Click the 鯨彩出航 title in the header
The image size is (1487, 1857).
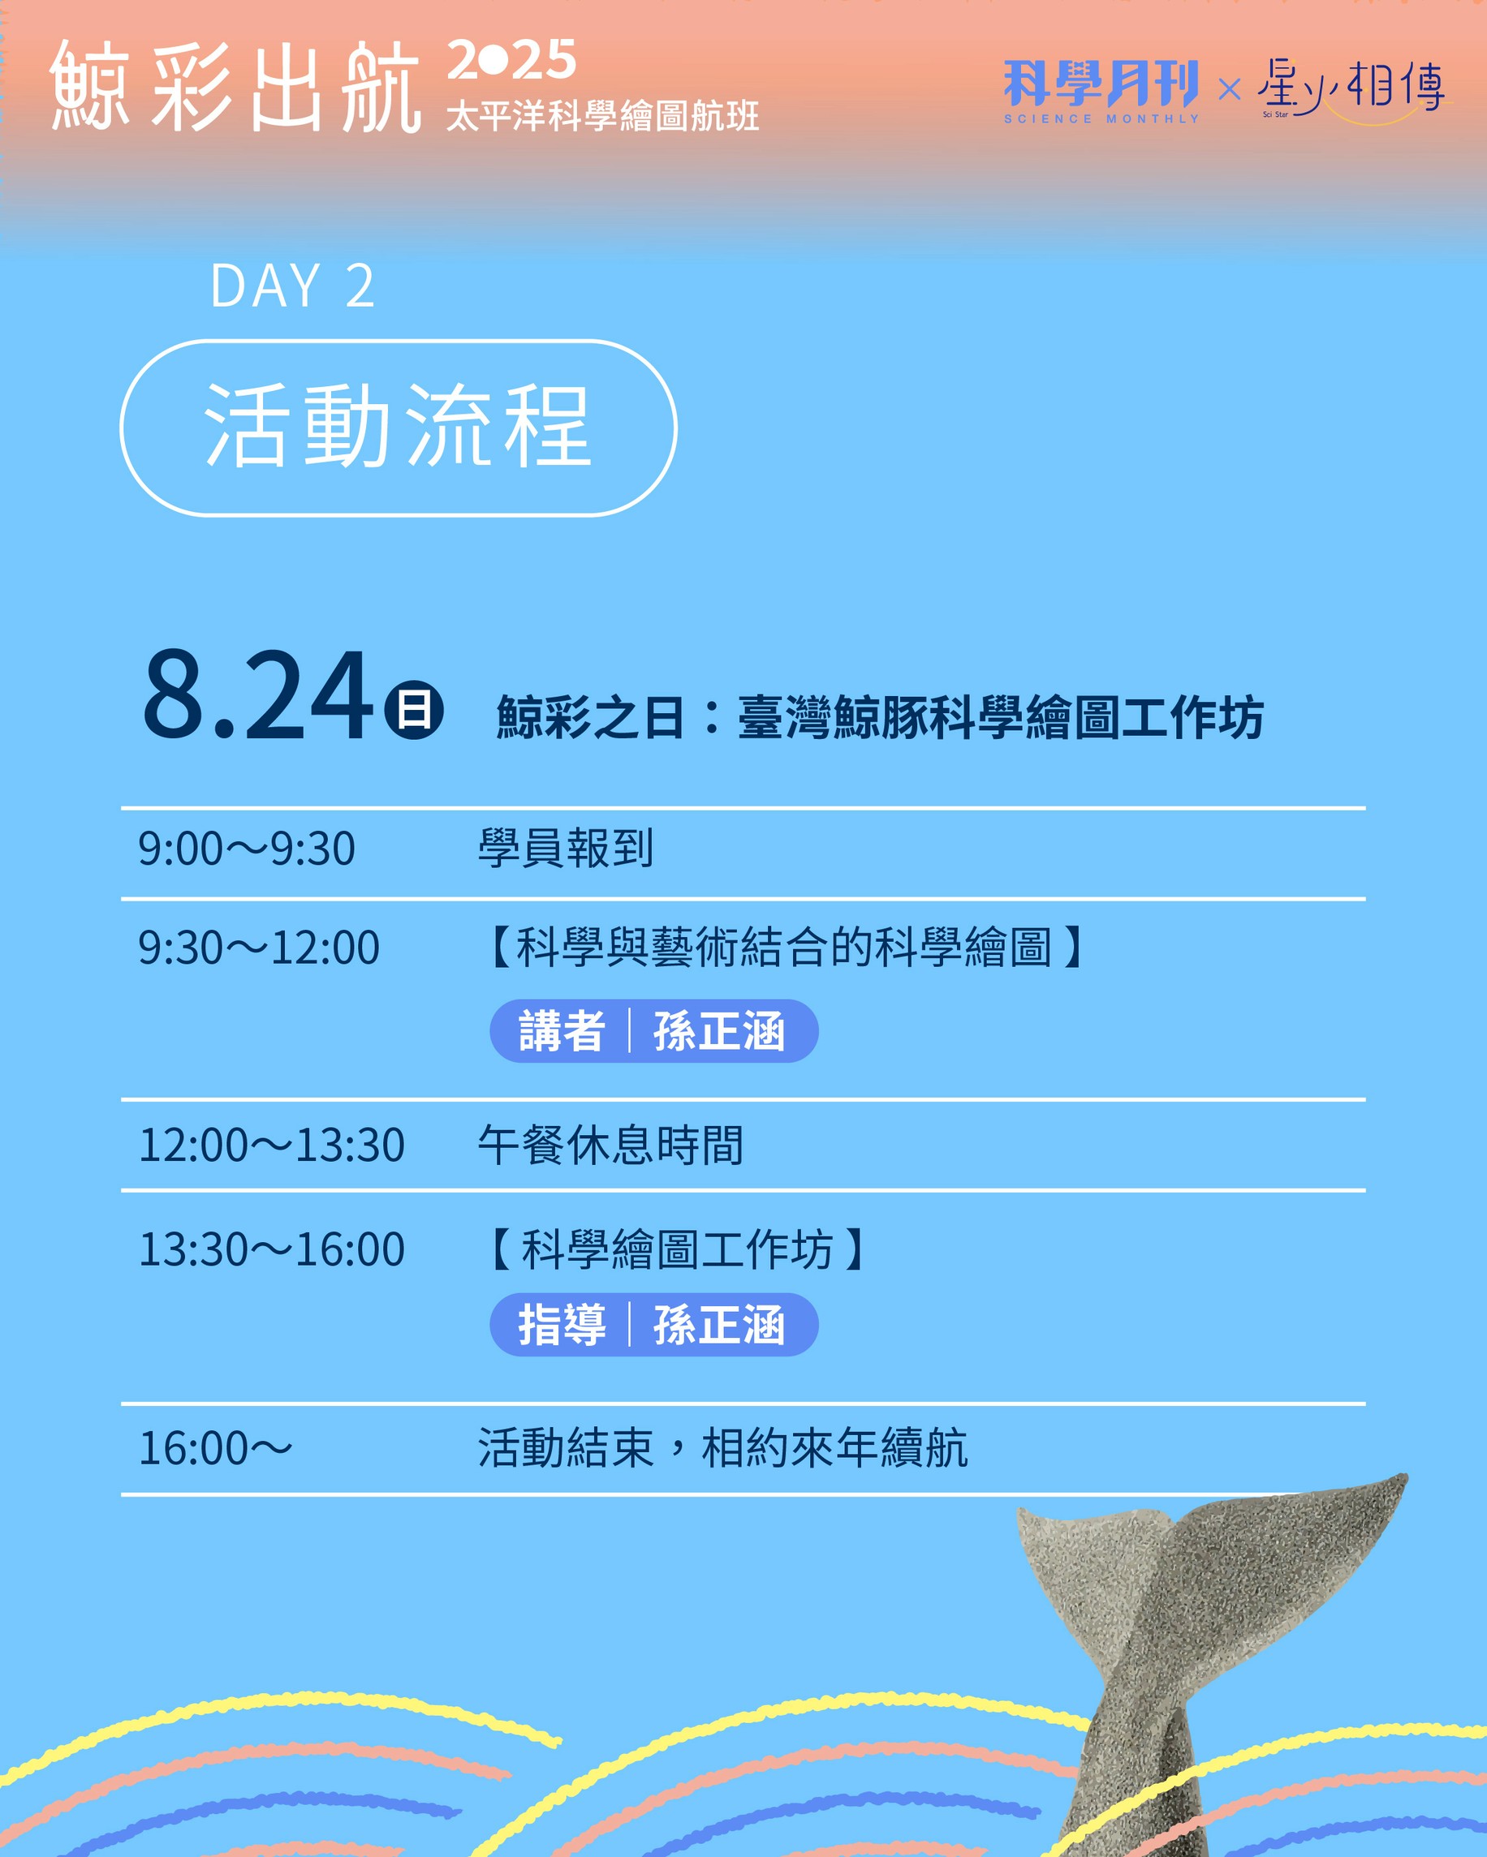(235, 86)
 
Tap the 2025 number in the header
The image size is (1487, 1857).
(511, 59)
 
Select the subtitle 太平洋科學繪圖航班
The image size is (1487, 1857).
(602, 116)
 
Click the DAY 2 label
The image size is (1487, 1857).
(292, 286)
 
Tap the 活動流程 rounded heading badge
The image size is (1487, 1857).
(398, 428)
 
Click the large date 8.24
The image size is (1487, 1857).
(257, 695)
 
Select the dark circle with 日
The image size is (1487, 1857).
(413, 711)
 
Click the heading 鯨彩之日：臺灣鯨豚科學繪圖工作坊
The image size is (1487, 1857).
(880, 717)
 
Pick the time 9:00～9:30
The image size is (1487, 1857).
(247, 849)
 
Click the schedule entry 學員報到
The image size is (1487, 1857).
(566, 849)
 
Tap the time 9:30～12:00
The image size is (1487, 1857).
(258, 948)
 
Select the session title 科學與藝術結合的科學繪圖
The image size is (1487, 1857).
(784, 948)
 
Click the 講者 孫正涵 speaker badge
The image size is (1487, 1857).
(654, 1031)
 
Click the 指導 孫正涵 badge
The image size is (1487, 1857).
(654, 1325)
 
